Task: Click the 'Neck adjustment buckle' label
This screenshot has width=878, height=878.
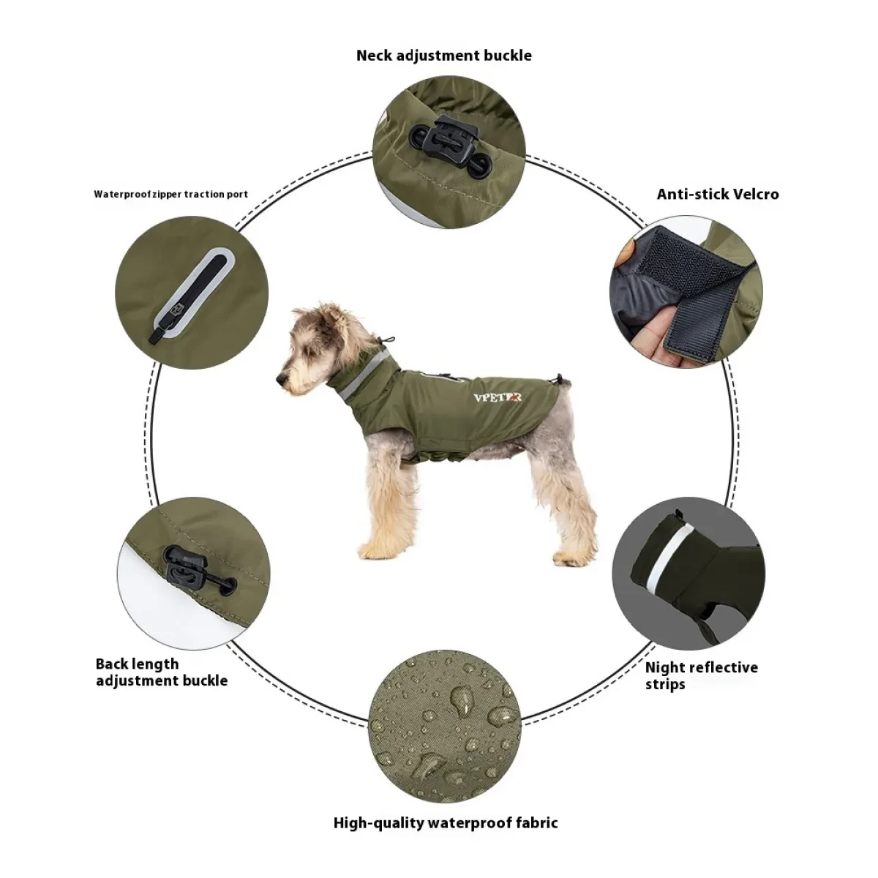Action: click(x=443, y=56)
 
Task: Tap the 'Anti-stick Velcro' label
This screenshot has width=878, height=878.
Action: click(x=717, y=194)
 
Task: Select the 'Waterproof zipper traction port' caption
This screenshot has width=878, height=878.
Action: click(x=170, y=195)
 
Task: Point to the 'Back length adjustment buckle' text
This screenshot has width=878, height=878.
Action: click(x=161, y=672)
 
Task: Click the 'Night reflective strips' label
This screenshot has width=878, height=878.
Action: click(x=701, y=675)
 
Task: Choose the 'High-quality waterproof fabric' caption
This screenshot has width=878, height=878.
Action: click(x=445, y=822)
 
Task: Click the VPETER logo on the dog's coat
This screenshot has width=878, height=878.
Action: click(x=498, y=397)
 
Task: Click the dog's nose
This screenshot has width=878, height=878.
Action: click(x=279, y=378)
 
